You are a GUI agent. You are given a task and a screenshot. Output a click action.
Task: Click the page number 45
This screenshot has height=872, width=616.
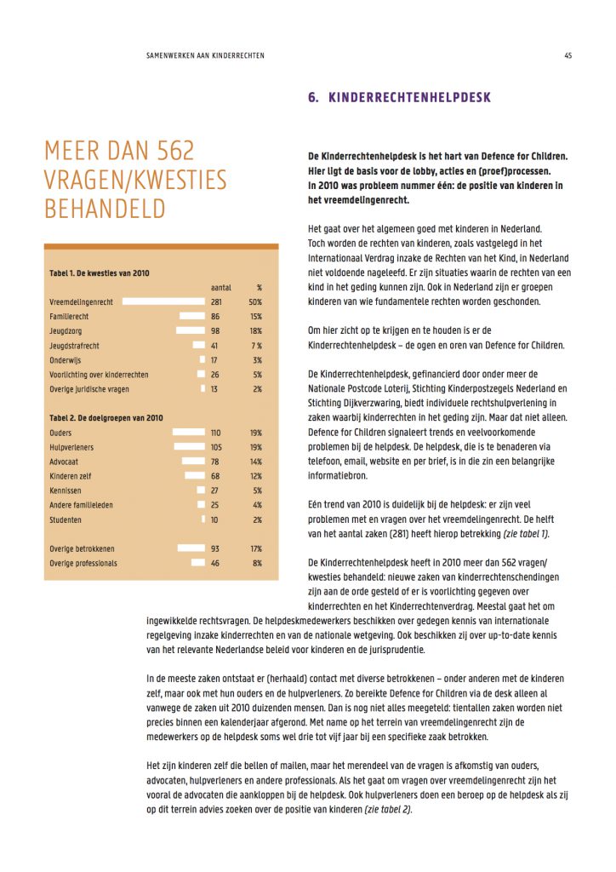(568, 56)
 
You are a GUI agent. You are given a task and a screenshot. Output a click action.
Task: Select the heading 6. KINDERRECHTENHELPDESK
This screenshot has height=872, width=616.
(399, 98)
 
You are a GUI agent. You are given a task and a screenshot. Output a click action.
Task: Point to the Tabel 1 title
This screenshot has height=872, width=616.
(100, 272)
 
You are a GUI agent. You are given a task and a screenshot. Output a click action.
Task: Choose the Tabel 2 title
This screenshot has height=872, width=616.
(106, 418)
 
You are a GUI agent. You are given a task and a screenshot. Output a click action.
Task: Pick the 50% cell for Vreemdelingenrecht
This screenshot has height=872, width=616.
(255, 301)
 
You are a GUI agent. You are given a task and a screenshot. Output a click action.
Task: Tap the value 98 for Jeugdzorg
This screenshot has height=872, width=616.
(215, 330)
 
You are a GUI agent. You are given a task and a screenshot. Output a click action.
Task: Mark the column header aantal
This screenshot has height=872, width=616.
(220, 287)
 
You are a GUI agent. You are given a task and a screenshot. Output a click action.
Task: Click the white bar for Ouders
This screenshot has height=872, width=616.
(189, 433)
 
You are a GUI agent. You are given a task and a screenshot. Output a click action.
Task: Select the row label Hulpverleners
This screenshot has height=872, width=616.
(72, 447)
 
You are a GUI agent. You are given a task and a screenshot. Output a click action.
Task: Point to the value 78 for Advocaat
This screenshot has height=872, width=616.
(215, 462)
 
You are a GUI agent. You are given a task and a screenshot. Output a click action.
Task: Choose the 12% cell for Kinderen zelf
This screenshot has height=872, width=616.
(256, 476)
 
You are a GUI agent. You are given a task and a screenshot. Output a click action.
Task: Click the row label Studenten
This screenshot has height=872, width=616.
(66, 519)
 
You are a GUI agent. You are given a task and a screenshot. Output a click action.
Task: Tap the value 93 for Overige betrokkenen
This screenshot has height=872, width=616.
(215, 548)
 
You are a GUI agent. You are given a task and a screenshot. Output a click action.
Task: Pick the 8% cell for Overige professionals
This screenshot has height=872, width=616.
(257, 563)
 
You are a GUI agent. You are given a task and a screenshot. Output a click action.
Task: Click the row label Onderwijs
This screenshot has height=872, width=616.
(68, 359)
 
